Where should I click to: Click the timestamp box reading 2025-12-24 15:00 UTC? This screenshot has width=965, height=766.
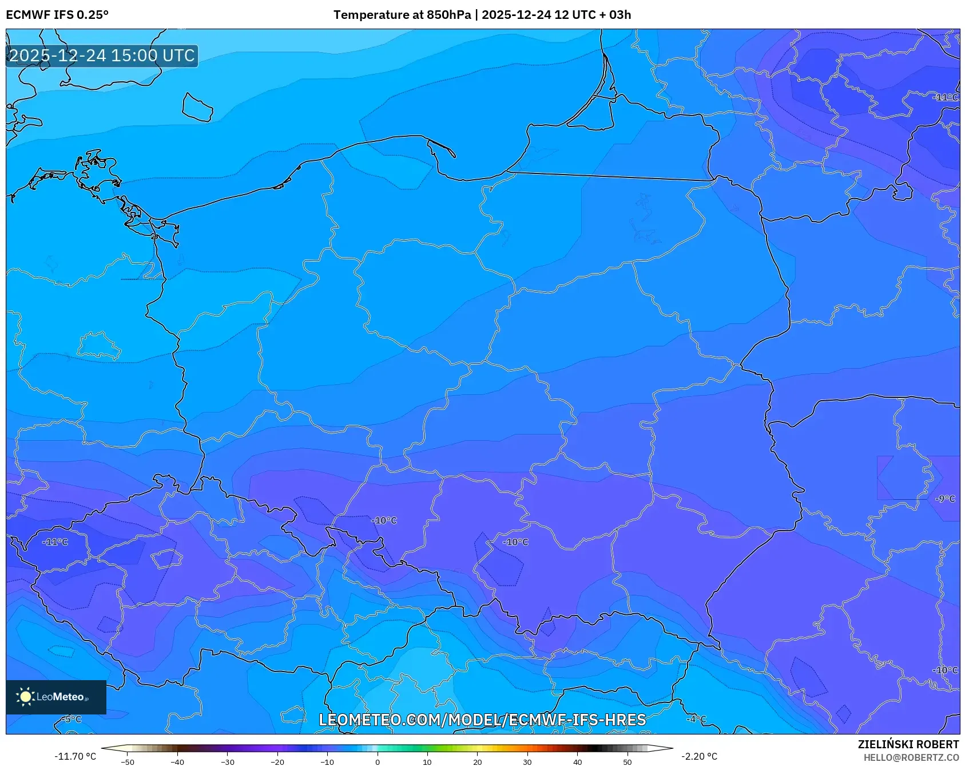[x=102, y=56]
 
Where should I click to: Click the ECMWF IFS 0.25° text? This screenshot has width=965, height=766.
[x=57, y=15]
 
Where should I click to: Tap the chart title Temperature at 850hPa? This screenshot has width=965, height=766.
[x=402, y=15]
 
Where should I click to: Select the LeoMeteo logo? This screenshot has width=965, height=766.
[x=55, y=697]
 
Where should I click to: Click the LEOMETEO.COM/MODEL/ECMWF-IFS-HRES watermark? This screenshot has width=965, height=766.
[x=482, y=720]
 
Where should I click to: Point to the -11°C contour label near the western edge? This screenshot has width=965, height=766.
[x=55, y=542]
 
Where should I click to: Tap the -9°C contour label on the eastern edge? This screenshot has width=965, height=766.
[x=945, y=499]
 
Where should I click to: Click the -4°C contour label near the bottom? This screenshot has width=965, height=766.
[x=696, y=719]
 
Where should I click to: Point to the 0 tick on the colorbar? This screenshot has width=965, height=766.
[x=377, y=761]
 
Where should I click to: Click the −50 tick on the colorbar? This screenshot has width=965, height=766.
[x=127, y=761]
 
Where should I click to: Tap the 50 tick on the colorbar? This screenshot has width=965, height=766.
[x=627, y=761]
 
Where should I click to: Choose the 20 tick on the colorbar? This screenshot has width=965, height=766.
[x=477, y=761]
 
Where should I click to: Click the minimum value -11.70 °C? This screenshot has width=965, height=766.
[x=75, y=756]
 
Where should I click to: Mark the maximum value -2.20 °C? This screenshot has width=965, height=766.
[x=698, y=756]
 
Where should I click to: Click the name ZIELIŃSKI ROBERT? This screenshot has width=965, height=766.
[x=908, y=744]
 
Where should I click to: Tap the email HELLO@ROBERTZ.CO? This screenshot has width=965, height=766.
[x=911, y=757]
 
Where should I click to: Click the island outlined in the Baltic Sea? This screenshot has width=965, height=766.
[x=197, y=108]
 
